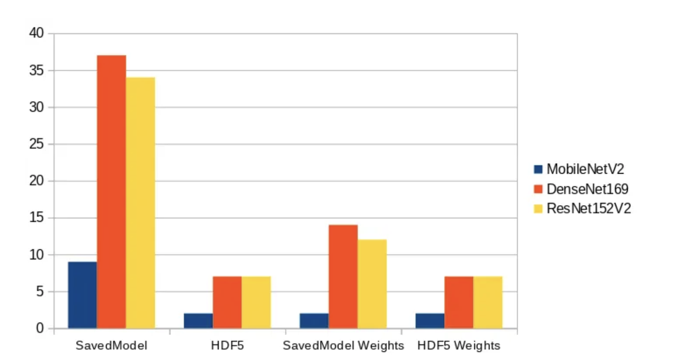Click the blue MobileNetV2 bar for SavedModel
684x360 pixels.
click(82, 295)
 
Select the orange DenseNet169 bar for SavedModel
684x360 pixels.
click(111, 192)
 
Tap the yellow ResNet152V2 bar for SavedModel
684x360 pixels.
click(140, 202)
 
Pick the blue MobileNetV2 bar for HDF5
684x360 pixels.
click(198, 321)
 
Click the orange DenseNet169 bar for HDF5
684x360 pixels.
click(227, 302)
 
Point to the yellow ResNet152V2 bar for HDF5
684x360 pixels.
click(256, 302)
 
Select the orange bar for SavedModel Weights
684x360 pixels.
click(343, 276)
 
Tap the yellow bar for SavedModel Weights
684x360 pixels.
click(372, 283)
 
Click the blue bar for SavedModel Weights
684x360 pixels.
click(314, 321)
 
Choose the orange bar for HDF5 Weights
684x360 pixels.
click(459, 302)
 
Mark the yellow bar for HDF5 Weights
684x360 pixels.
click(488, 302)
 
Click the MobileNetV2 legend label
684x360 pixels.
click(585, 169)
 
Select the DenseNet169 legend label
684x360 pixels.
click(587, 189)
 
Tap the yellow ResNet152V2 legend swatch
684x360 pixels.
click(538, 209)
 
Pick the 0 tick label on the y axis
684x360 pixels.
click(40, 328)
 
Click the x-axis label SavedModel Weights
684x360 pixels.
click(343, 346)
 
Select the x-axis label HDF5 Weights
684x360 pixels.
click(459, 346)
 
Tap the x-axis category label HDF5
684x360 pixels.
click(227, 346)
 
